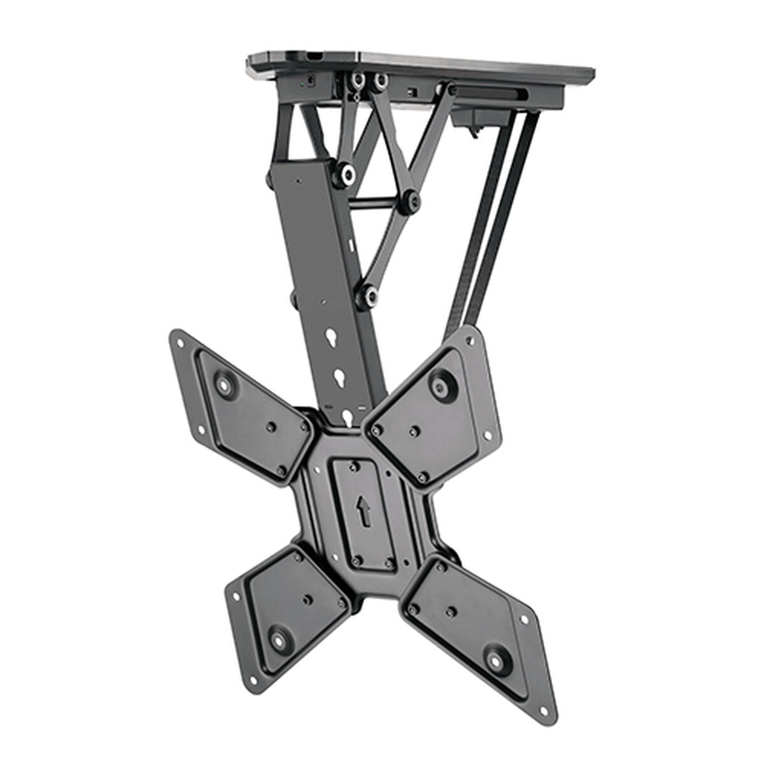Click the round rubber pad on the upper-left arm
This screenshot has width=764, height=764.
pyautogui.click(x=225, y=385)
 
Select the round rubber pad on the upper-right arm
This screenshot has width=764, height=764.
pyautogui.click(x=439, y=384)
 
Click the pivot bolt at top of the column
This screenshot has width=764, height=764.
pyautogui.click(x=348, y=173)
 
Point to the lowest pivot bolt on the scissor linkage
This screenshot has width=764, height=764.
pyautogui.click(x=367, y=294)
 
